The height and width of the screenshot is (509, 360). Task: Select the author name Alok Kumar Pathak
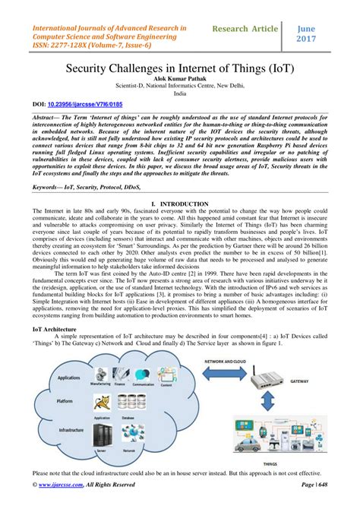(180, 78)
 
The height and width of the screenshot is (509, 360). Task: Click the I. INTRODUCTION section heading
(180, 205)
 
